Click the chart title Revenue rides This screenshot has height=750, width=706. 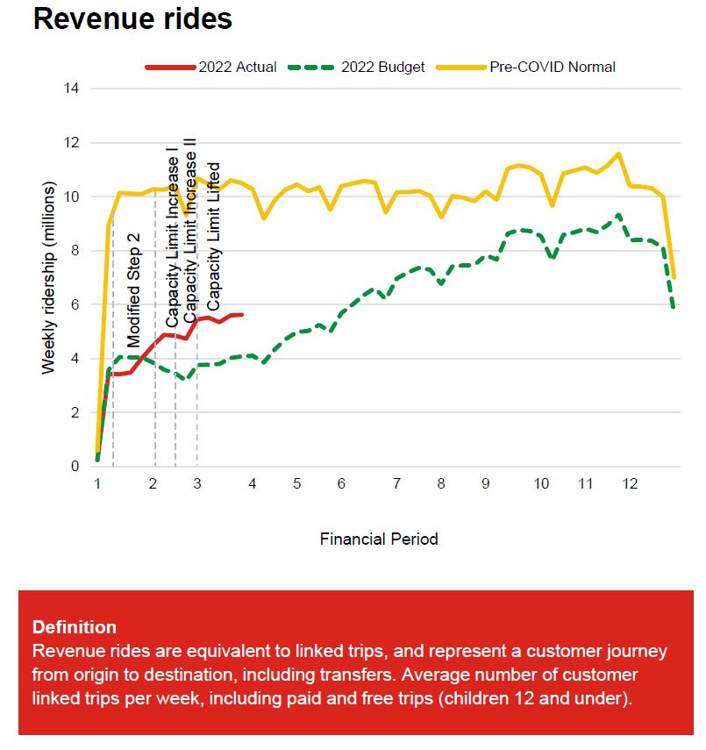(x=132, y=18)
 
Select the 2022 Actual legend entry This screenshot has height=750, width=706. (x=211, y=67)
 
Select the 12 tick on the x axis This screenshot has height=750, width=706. (x=630, y=484)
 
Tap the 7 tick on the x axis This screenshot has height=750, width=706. (x=397, y=484)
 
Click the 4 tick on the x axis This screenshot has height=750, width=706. (x=253, y=484)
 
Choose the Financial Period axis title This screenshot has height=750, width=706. (x=378, y=539)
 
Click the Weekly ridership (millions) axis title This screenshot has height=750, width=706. (x=49, y=278)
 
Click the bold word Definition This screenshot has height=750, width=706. (x=74, y=627)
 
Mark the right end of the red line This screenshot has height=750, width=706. (x=241, y=314)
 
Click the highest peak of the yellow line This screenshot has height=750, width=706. (x=619, y=154)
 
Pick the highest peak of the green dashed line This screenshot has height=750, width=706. (x=619, y=215)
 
